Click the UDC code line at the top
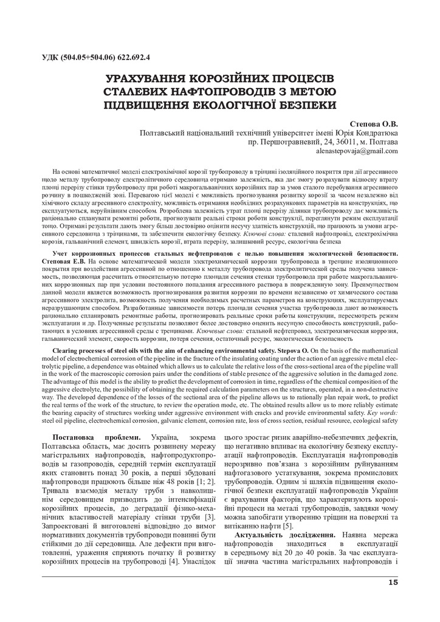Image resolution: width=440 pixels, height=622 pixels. click(97, 58)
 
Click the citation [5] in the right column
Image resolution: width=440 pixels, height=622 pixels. click(288, 524)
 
